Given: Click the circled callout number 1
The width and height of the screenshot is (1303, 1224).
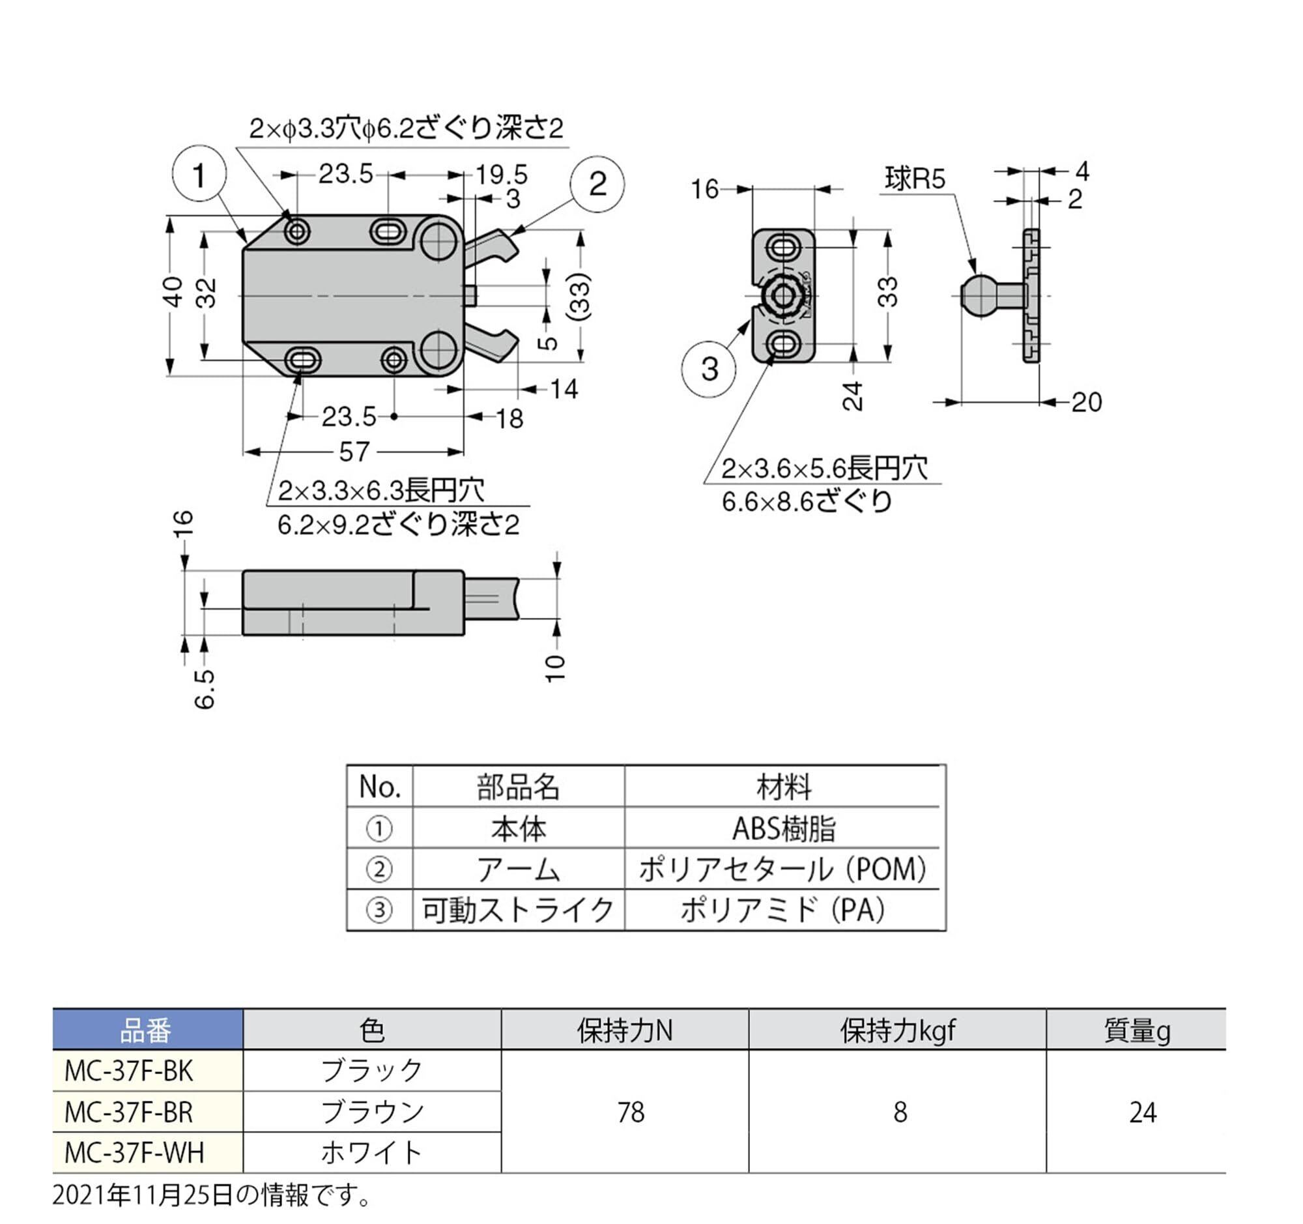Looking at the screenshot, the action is (x=199, y=174).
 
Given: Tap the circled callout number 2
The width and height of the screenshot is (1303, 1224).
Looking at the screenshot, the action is (x=597, y=184).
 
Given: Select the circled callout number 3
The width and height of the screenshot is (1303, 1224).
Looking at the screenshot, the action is (x=709, y=370).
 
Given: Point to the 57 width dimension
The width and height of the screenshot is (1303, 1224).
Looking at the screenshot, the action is (x=354, y=452).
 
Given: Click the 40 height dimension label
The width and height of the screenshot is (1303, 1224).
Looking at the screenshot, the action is (x=173, y=292).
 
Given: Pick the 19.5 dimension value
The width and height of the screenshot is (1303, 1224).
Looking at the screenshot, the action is (x=502, y=175).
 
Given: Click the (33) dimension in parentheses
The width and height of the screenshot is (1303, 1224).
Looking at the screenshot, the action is (x=579, y=296).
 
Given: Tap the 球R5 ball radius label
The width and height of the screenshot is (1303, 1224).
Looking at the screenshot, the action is (x=915, y=179).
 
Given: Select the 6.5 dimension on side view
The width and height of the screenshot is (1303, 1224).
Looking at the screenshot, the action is (x=205, y=689).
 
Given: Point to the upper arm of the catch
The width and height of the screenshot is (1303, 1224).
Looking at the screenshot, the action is (x=491, y=247).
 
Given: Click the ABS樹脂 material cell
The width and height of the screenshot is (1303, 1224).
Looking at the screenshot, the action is (x=784, y=828).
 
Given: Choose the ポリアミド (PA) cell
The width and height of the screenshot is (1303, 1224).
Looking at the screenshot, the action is (x=784, y=910).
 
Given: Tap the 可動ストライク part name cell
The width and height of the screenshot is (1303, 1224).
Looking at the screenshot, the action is (x=518, y=910).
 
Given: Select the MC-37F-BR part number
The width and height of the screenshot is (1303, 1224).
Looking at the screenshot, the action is (x=128, y=1112).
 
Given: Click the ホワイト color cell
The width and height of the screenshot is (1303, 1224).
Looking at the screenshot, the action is (x=371, y=1152).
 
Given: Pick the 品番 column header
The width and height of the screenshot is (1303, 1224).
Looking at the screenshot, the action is (x=146, y=1031).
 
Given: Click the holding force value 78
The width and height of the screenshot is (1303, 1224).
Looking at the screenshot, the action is (x=631, y=1113).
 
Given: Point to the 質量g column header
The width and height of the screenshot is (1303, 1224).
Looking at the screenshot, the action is (x=1136, y=1031).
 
